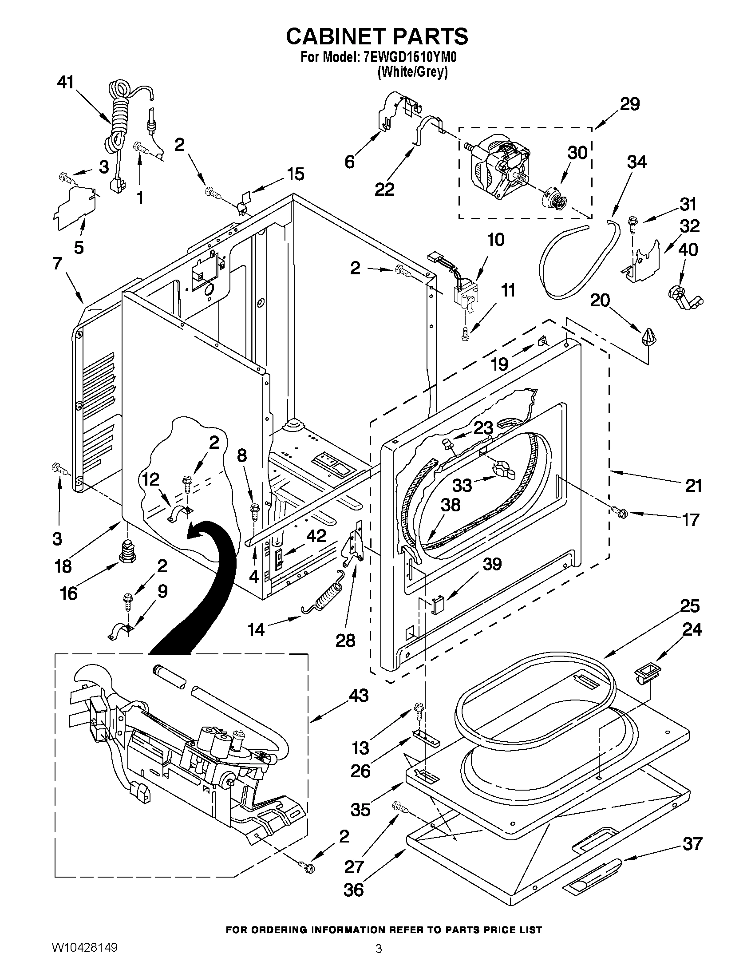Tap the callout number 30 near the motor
pyautogui.click(x=577, y=153)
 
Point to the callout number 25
pyautogui.click(x=689, y=606)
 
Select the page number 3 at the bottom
pyautogui.click(x=378, y=961)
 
